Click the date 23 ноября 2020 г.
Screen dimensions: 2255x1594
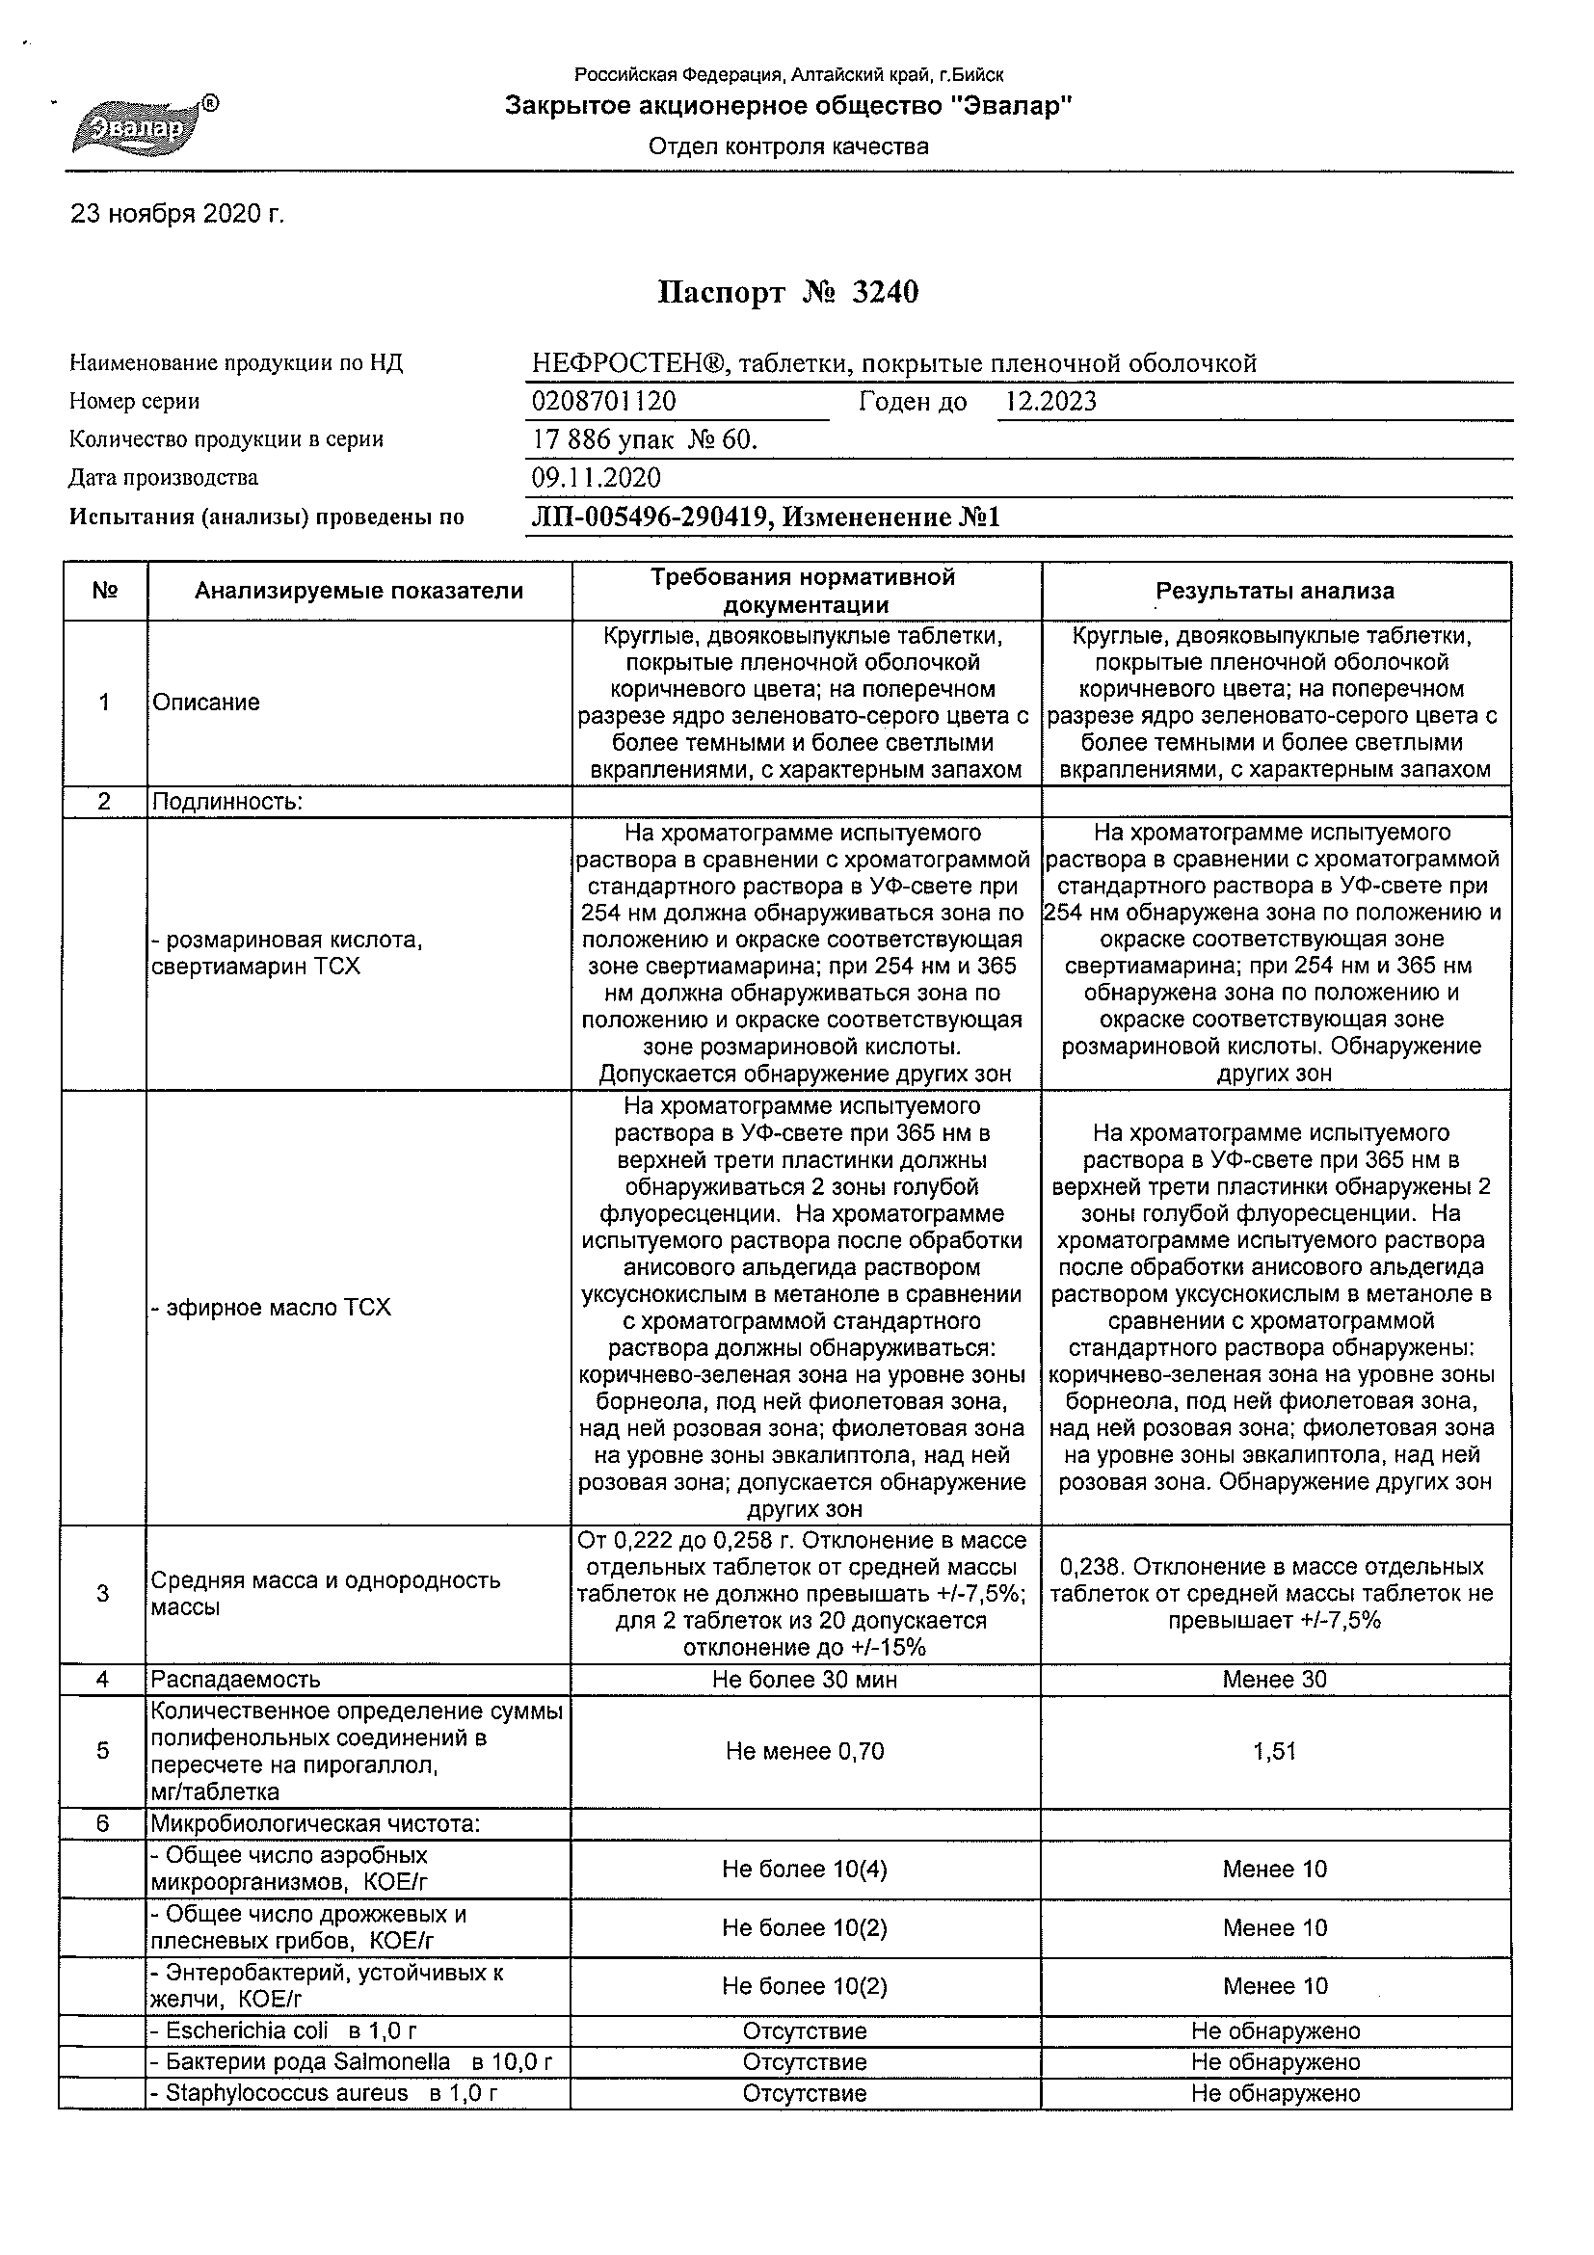(x=177, y=214)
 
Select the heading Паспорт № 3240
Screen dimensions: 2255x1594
(x=787, y=293)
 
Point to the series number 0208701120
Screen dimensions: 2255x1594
(x=604, y=401)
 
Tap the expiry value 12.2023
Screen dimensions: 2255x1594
(x=1051, y=401)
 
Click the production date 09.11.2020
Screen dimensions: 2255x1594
(x=597, y=478)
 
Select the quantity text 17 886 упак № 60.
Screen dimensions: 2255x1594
(x=646, y=440)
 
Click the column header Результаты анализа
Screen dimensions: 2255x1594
(x=1275, y=592)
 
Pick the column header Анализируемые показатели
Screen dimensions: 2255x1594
(x=359, y=592)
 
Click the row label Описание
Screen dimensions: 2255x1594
(x=206, y=703)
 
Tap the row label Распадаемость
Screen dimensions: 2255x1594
(x=236, y=1680)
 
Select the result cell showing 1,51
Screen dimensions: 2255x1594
(x=1275, y=1751)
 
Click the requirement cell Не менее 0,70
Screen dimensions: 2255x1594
(x=806, y=1751)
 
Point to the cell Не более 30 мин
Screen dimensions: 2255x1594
(x=806, y=1680)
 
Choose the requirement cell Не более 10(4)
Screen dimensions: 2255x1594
(x=806, y=1869)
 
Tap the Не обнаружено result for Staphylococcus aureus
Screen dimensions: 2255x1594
(x=1275, y=2093)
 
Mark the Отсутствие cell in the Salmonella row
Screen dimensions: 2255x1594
(x=806, y=2061)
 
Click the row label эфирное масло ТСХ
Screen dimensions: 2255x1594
(x=272, y=1308)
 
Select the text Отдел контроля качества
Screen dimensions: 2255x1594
(x=787, y=147)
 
